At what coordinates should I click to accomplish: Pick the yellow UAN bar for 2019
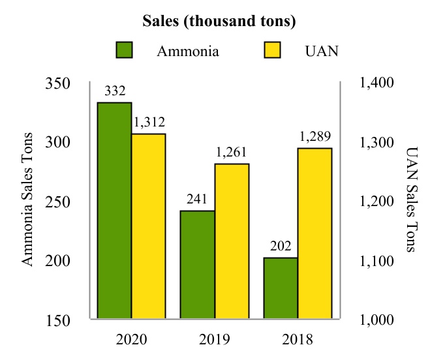click(x=232, y=242)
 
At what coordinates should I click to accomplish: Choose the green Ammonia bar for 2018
click(x=281, y=289)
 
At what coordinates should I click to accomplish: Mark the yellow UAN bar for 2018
click(x=315, y=234)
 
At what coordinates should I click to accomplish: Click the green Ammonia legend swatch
click(x=124, y=50)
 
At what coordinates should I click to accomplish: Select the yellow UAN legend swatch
click(x=271, y=50)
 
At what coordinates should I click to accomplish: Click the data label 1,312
click(x=149, y=122)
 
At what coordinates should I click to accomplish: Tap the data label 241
click(x=198, y=199)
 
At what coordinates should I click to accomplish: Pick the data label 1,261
click(x=232, y=152)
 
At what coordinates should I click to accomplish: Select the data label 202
click(x=281, y=246)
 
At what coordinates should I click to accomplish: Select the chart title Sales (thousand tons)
click(x=220, y=21)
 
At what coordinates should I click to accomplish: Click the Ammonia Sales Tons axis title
click(x=27, y=199)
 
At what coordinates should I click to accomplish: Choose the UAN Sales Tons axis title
click(x=411, y=199)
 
